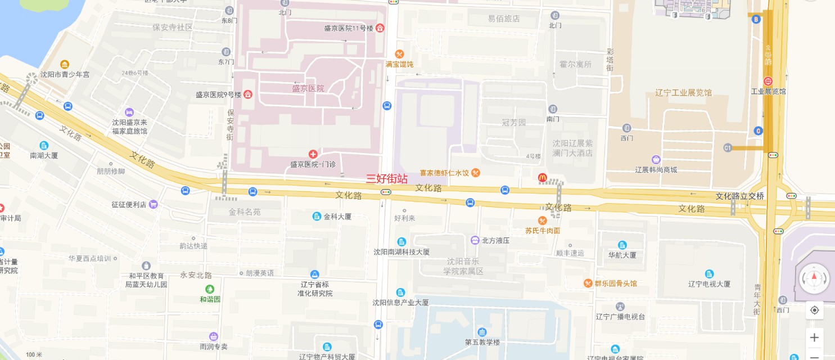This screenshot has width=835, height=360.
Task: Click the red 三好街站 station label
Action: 387,179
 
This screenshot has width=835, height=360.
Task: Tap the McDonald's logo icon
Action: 543,177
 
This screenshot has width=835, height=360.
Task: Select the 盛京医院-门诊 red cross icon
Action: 313,154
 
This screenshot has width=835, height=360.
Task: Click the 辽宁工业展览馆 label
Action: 683,93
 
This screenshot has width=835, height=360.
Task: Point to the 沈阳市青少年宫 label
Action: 65,74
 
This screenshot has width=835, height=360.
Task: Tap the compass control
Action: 814,278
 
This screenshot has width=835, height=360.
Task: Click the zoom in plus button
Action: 814,337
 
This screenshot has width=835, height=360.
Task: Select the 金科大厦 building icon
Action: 317,216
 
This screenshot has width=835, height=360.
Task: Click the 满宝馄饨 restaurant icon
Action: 399,54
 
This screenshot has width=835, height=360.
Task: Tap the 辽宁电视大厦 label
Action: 710,284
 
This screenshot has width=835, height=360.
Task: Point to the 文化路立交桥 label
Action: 740,196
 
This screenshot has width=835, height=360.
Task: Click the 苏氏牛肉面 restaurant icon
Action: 542,220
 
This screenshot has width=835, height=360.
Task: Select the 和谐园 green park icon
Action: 210,289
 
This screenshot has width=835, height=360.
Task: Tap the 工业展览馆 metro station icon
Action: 768,81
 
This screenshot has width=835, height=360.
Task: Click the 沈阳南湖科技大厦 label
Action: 401,252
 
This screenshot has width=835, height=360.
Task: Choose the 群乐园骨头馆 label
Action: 616,283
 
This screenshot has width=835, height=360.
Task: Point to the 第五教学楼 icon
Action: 482,332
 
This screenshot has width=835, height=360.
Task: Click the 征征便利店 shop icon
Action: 153,204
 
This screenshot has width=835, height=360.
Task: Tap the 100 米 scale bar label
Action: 34,354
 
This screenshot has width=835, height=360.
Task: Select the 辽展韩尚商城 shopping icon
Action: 656,160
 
